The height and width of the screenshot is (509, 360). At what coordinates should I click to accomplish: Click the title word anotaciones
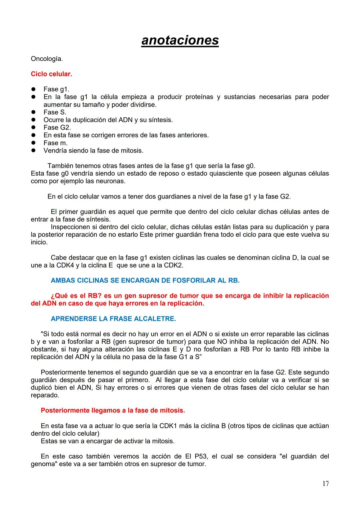(x=180, y=40)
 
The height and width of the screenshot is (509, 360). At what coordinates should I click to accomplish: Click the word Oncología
(x=47, y=59)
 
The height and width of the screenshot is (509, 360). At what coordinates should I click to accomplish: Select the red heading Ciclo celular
(x=51, y=74)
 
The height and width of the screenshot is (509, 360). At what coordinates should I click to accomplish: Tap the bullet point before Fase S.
(x=33, y=112)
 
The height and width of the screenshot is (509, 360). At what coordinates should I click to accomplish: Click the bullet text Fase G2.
(x=57, y=128)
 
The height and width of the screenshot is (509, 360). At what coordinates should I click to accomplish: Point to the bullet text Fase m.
(x=55, y=143)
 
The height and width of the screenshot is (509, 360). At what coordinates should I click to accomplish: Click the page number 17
(x=325, y=484)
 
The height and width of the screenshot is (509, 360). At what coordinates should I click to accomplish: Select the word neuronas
(x=113, y=181)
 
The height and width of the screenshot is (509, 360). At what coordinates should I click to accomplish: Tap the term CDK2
(x=173, y=265)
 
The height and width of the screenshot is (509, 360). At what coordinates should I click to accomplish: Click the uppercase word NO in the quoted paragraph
(x=222, y=342)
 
